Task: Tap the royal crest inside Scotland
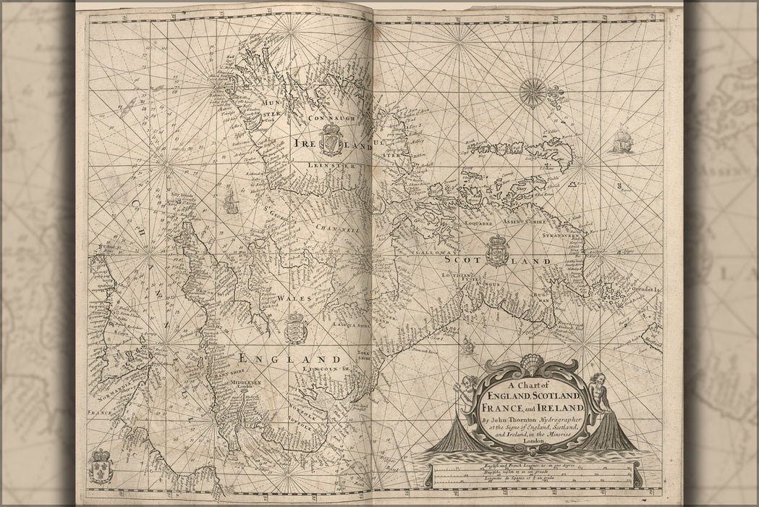(x=497, y=251)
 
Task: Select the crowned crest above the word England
(x=295, y=327)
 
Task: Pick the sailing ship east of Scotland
(x=622, y=141)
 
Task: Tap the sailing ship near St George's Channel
(x=231, y=203)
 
